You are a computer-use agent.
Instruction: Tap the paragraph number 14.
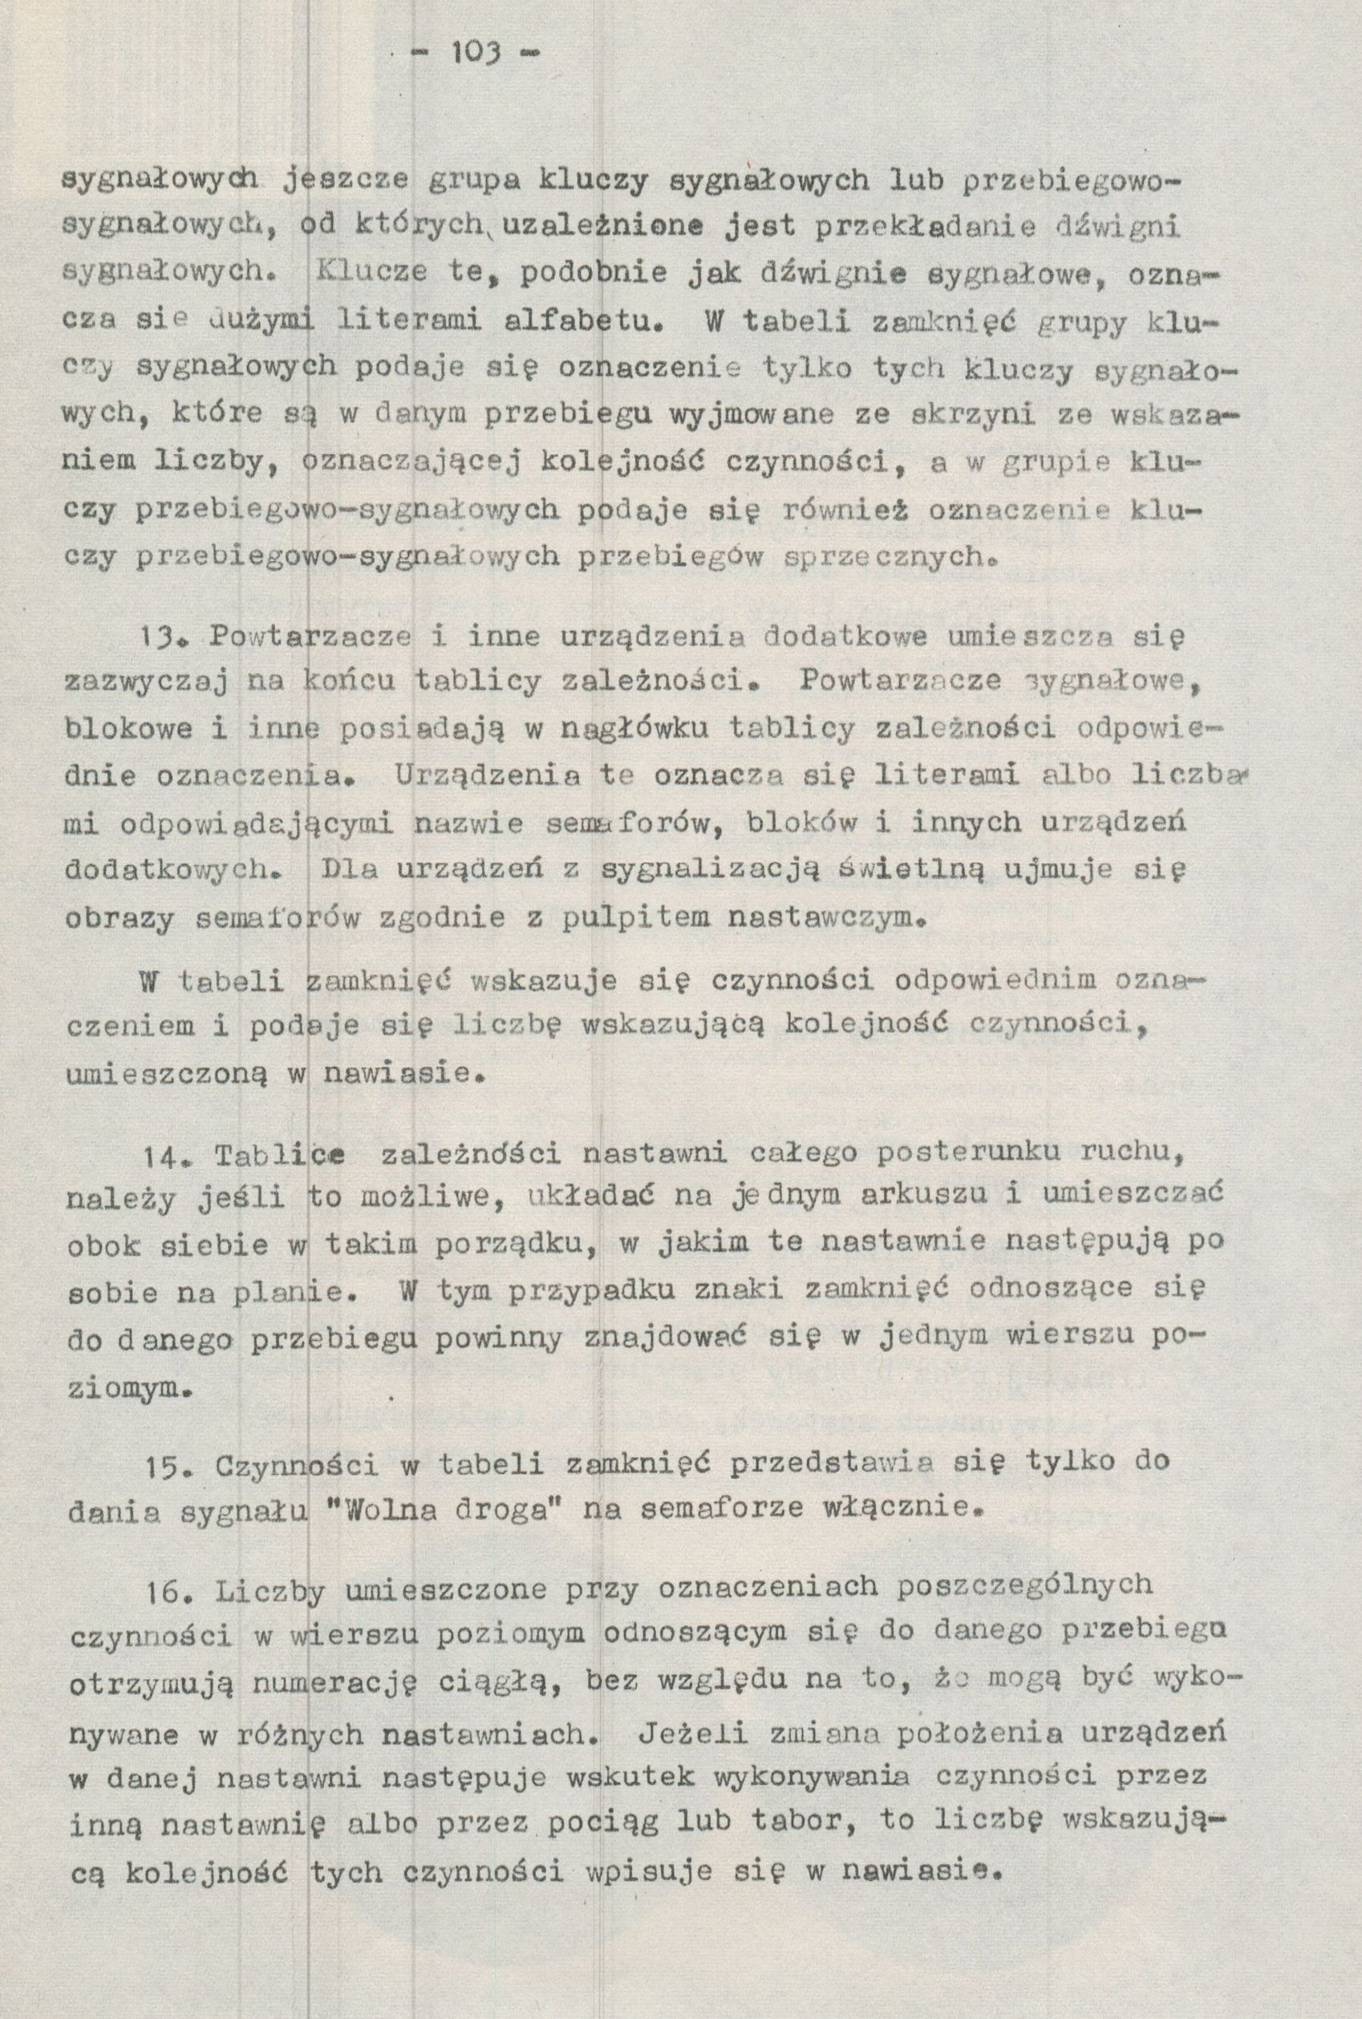[160, 1157]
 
